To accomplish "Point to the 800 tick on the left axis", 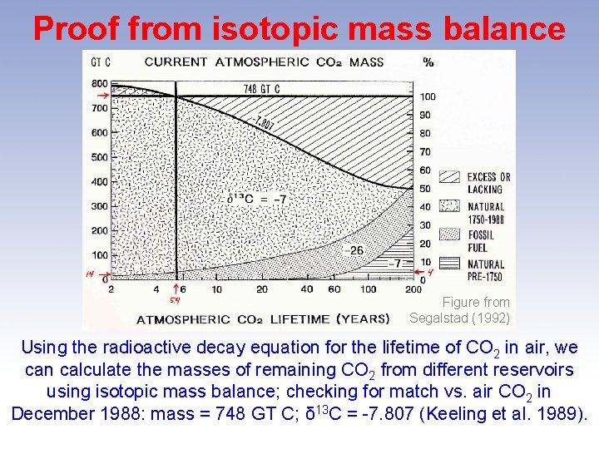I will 99,83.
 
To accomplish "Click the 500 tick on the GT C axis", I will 99,156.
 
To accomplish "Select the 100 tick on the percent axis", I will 427,97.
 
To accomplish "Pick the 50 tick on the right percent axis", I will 425,188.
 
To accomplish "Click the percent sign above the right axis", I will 428,62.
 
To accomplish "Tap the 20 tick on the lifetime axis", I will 261,289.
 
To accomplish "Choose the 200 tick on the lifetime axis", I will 413,289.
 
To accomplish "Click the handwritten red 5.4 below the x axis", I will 175,300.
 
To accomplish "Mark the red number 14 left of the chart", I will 91,274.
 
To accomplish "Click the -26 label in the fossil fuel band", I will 356,249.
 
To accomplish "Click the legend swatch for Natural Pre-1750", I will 450,264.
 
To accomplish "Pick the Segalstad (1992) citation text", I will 460,318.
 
